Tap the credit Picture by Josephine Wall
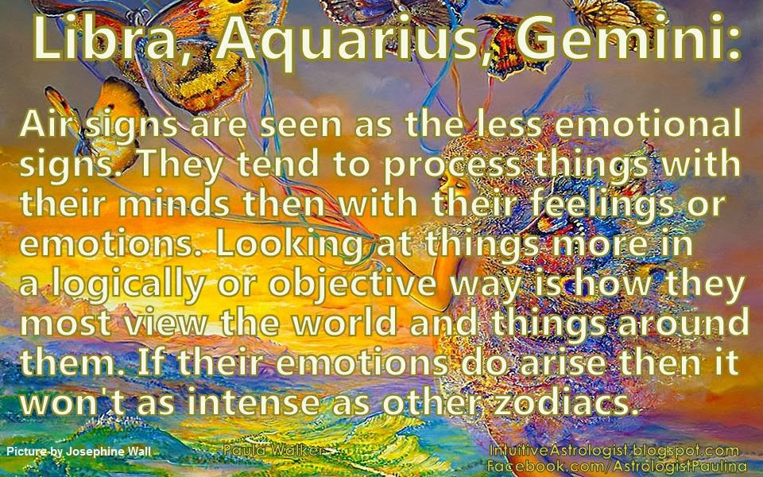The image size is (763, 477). point(78,452)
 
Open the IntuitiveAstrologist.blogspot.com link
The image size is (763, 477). point(615,451)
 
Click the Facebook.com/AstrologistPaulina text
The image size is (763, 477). point(617,464)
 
